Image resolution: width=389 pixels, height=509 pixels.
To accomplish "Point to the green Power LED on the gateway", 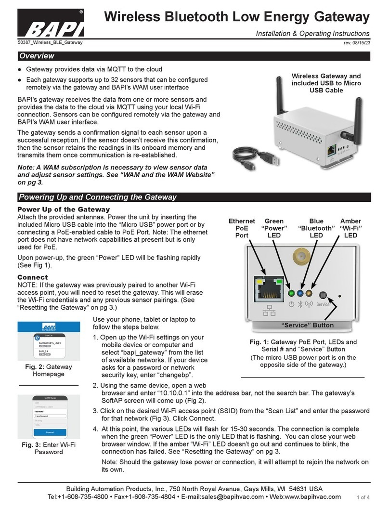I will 290,293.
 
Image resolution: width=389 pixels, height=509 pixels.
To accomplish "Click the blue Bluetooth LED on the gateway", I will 300,293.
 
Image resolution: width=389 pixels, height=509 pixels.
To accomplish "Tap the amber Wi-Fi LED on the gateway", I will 311,293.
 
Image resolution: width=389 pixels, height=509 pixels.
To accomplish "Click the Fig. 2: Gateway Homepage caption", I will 48,370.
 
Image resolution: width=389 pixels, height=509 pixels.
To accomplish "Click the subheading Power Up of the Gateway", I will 64,209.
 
